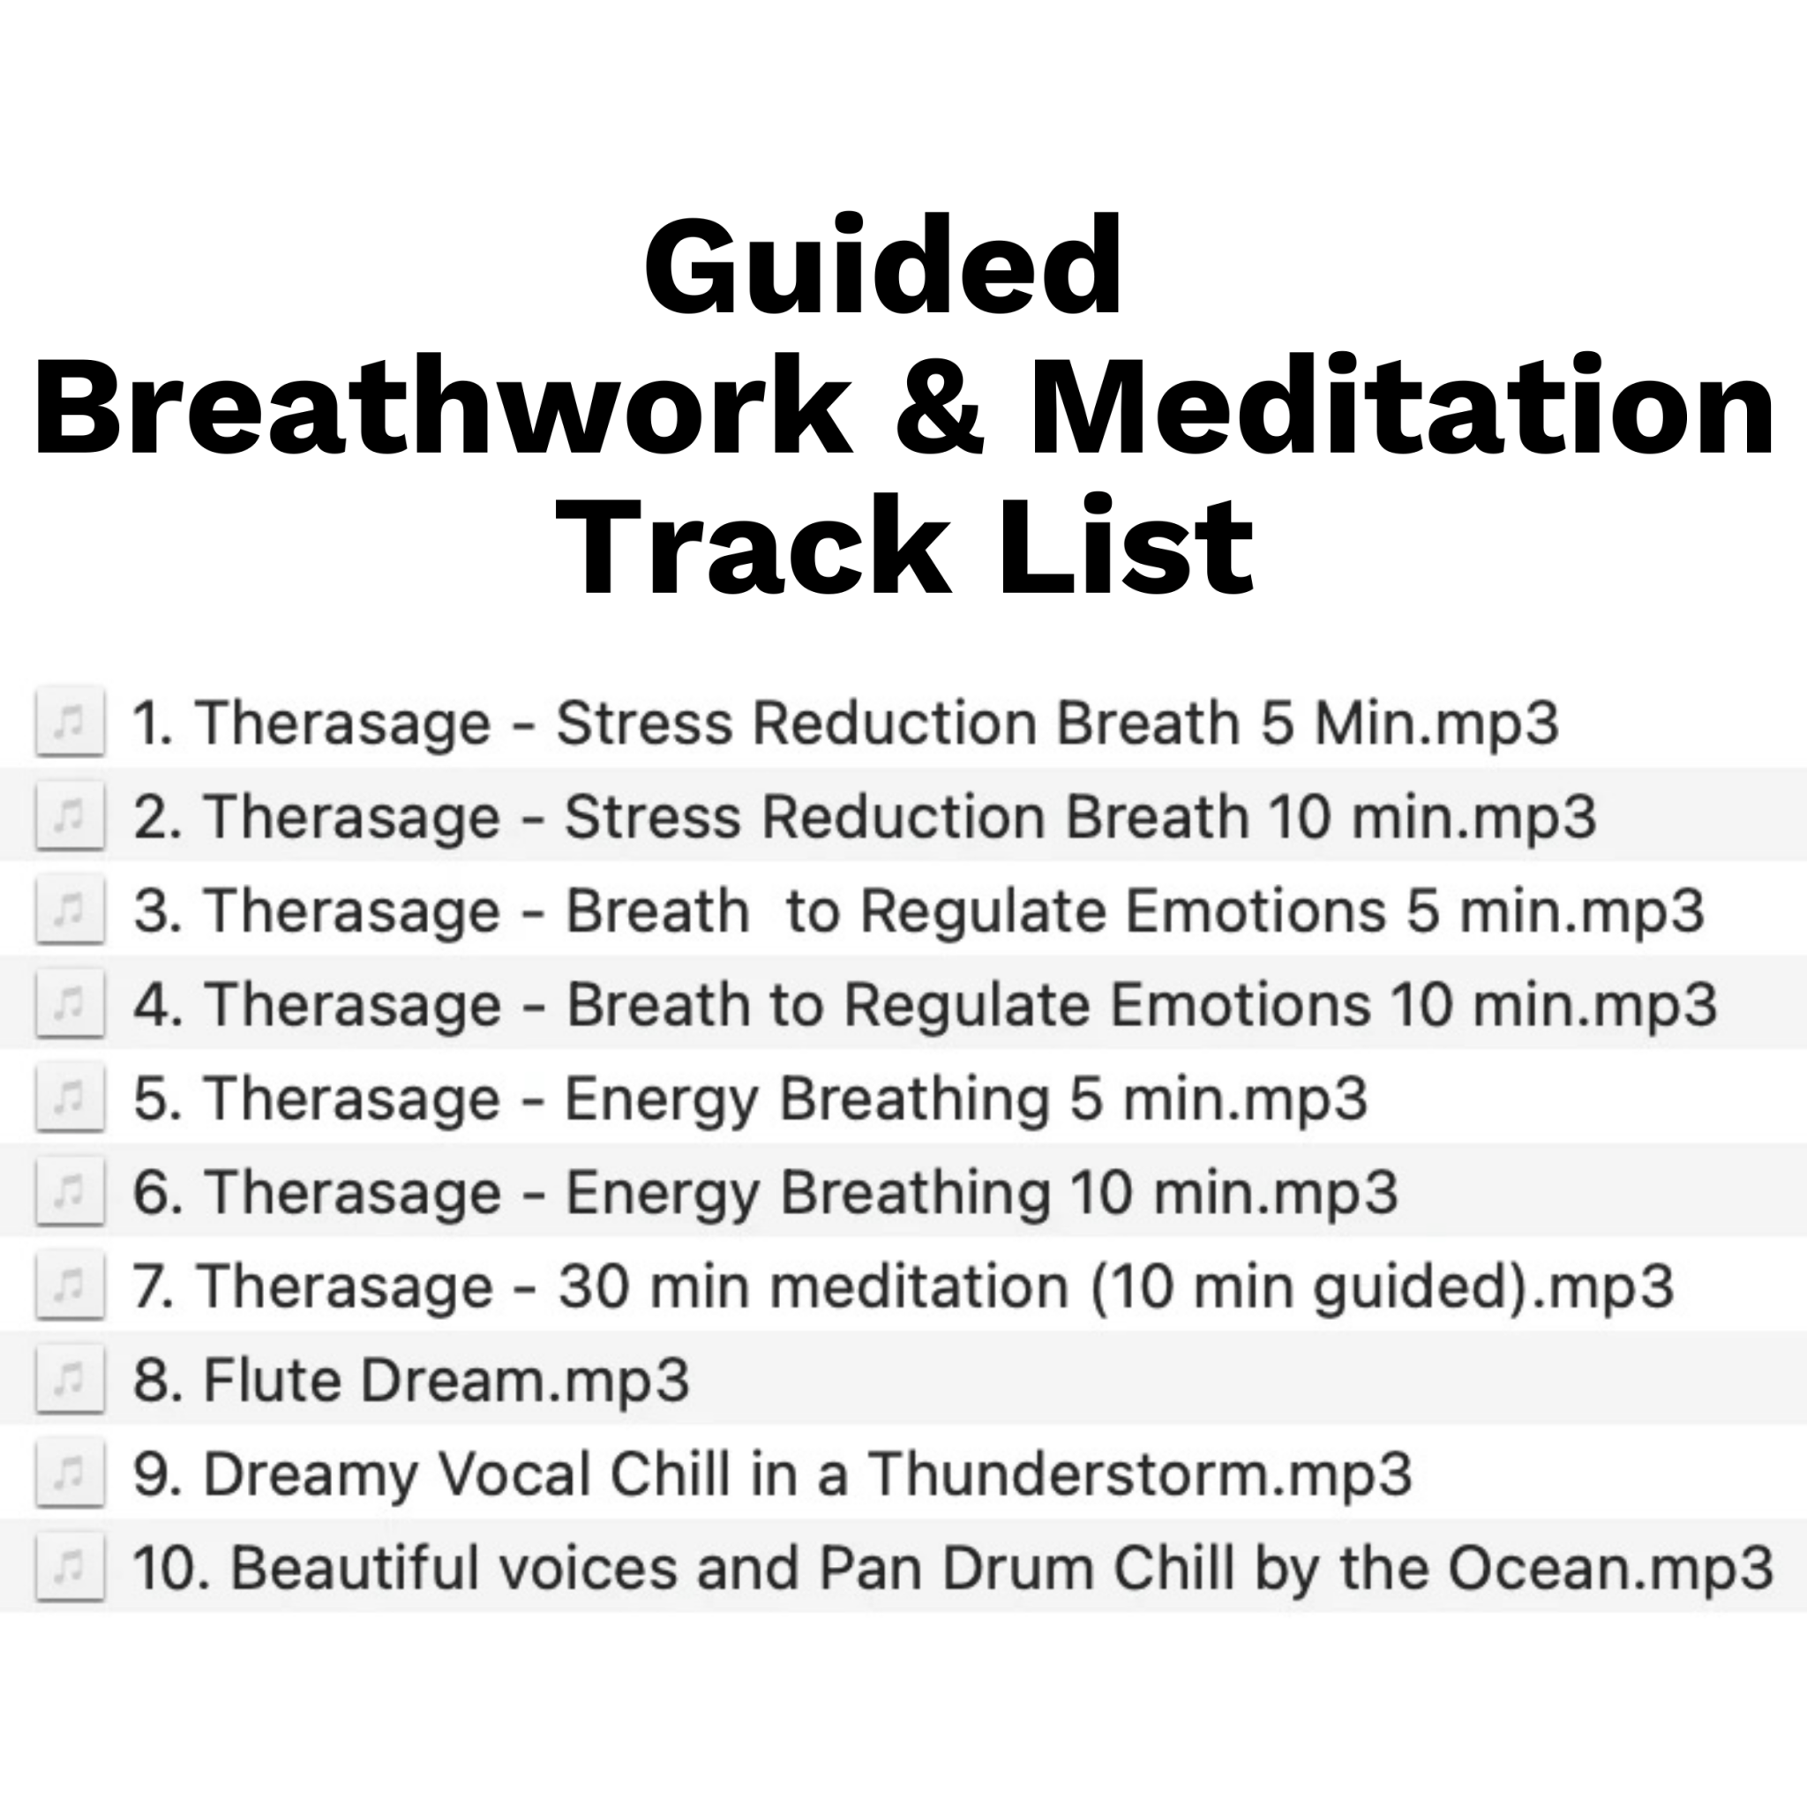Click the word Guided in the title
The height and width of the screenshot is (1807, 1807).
[883, 266]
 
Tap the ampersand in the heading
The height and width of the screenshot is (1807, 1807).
[939, 407]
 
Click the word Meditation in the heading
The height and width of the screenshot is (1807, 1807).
[1401, 407]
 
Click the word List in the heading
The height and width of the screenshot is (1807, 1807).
[1126, 547]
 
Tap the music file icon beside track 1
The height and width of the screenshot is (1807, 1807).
[69, 722]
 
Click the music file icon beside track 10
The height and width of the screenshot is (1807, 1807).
[69, 1567]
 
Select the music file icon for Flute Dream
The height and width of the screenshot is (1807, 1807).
[69, 1379]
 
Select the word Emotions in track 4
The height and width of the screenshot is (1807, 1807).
[1240, 1004]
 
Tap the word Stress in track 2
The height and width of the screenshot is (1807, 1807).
[654, 816]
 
